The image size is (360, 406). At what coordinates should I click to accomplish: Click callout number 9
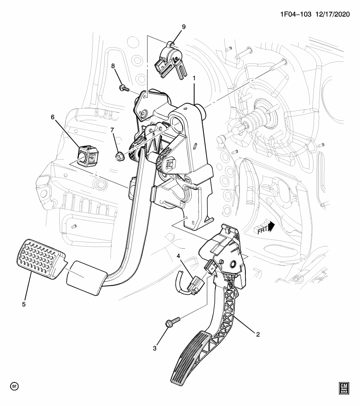coord(184,27)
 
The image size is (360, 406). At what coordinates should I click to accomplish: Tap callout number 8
coord(113,66)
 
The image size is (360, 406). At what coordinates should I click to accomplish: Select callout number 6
coord(53,117)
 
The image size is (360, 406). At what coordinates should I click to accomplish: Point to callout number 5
coord(24,304)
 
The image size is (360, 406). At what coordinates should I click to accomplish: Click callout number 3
coord(155,348)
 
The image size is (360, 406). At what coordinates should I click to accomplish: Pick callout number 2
coord(258,335)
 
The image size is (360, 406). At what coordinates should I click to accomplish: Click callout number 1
coord(194,78)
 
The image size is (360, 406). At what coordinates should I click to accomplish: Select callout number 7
coord(112,130)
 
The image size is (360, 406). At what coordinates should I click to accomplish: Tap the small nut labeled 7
coord(119,156)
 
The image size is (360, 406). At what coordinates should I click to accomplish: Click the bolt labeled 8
coord(124,88)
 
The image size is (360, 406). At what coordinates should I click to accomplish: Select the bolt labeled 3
coord(173,321)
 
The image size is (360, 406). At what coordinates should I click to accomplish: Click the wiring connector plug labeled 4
coord(197,285)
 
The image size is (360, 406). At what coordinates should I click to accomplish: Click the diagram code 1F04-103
coord(296,14)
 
